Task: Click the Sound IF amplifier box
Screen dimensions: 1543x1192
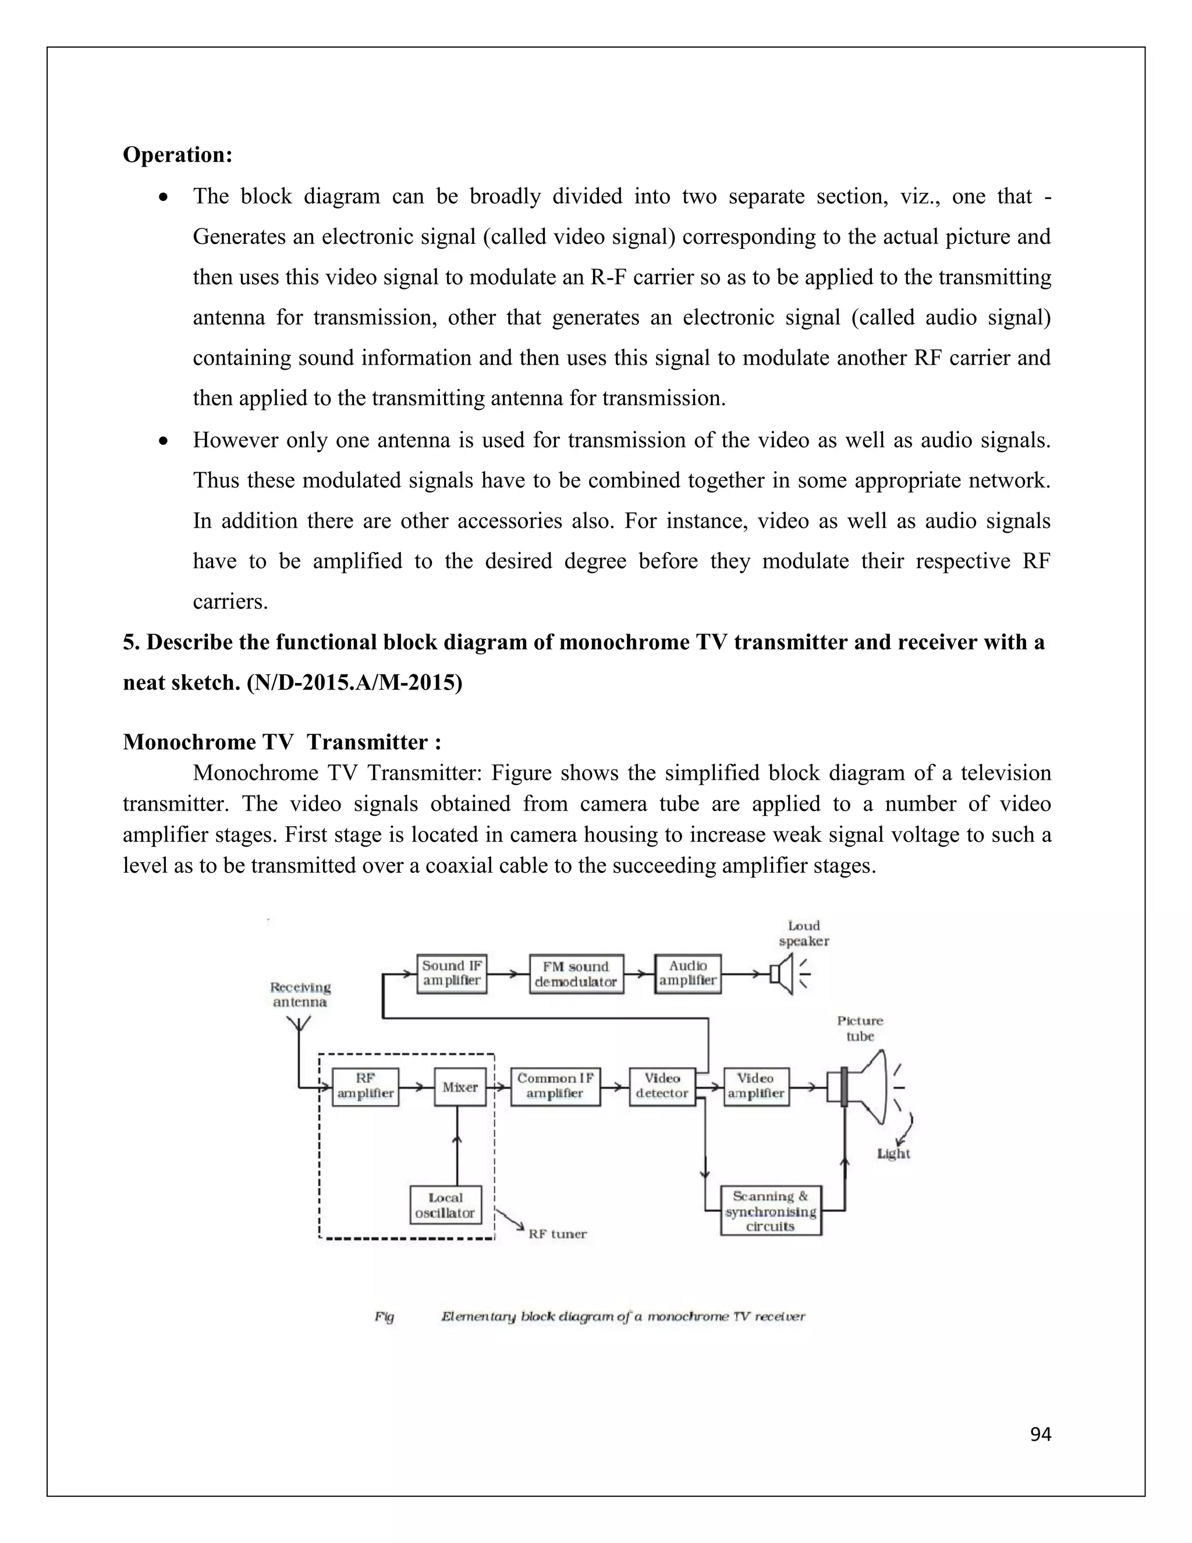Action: tap(451, 974)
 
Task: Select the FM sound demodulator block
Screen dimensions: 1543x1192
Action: tap(576, 974)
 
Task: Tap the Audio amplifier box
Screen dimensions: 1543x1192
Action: tap(688, 974)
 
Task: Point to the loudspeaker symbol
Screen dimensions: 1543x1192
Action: tap(782, 974)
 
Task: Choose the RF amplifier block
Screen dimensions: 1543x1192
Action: tap(365, 1087)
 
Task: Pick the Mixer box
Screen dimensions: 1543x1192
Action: tap(460, 1087)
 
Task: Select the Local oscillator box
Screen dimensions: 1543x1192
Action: tap(446, 1205)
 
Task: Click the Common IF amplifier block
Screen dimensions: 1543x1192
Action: tap(555, 1087)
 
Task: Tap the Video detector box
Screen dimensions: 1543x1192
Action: tap(662, 1087)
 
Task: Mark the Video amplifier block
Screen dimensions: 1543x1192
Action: tap(755, 1087)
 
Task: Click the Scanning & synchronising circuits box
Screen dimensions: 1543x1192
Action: tap(771, 1211)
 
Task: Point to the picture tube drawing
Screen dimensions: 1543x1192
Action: tap(865, 1088)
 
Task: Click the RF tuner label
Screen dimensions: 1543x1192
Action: tap(557, 1234)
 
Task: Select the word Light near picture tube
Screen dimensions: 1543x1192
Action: tap(893, 1153)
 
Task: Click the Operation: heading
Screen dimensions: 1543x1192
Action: tap(178, 155)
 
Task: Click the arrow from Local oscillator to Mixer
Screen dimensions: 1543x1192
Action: tap(457, 1145)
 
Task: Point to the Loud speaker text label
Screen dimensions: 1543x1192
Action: tap(804, 933)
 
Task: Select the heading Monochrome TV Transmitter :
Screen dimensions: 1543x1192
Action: tap(282, 742)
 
